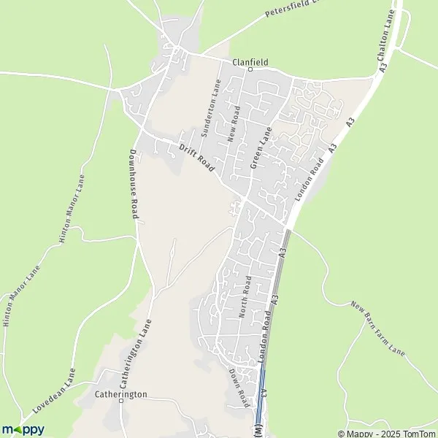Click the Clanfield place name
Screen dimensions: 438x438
[250, 62]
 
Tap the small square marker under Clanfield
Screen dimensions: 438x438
[250, 70]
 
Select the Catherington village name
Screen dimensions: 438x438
[121, 394]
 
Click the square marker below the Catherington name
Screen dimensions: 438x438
[121, 402]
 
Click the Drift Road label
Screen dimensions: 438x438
[197, 158]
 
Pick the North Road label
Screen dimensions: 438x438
[245, 297]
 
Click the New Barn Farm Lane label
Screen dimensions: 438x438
[377, 328]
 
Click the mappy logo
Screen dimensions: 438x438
[23, 430]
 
